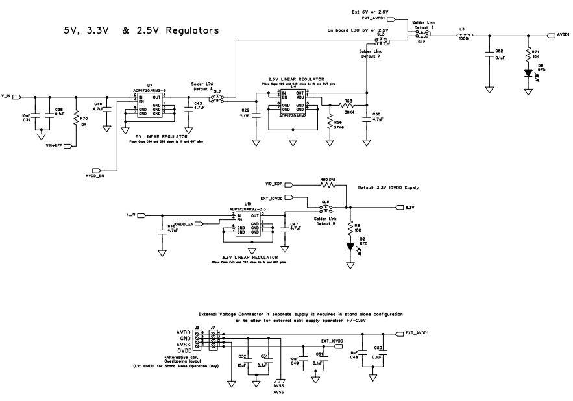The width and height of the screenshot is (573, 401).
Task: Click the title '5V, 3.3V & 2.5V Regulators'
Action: [x=140, y=30]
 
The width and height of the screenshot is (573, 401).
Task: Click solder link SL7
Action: [x=217, y=99]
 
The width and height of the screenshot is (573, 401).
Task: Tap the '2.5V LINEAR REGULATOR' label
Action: [x=292, y=78]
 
